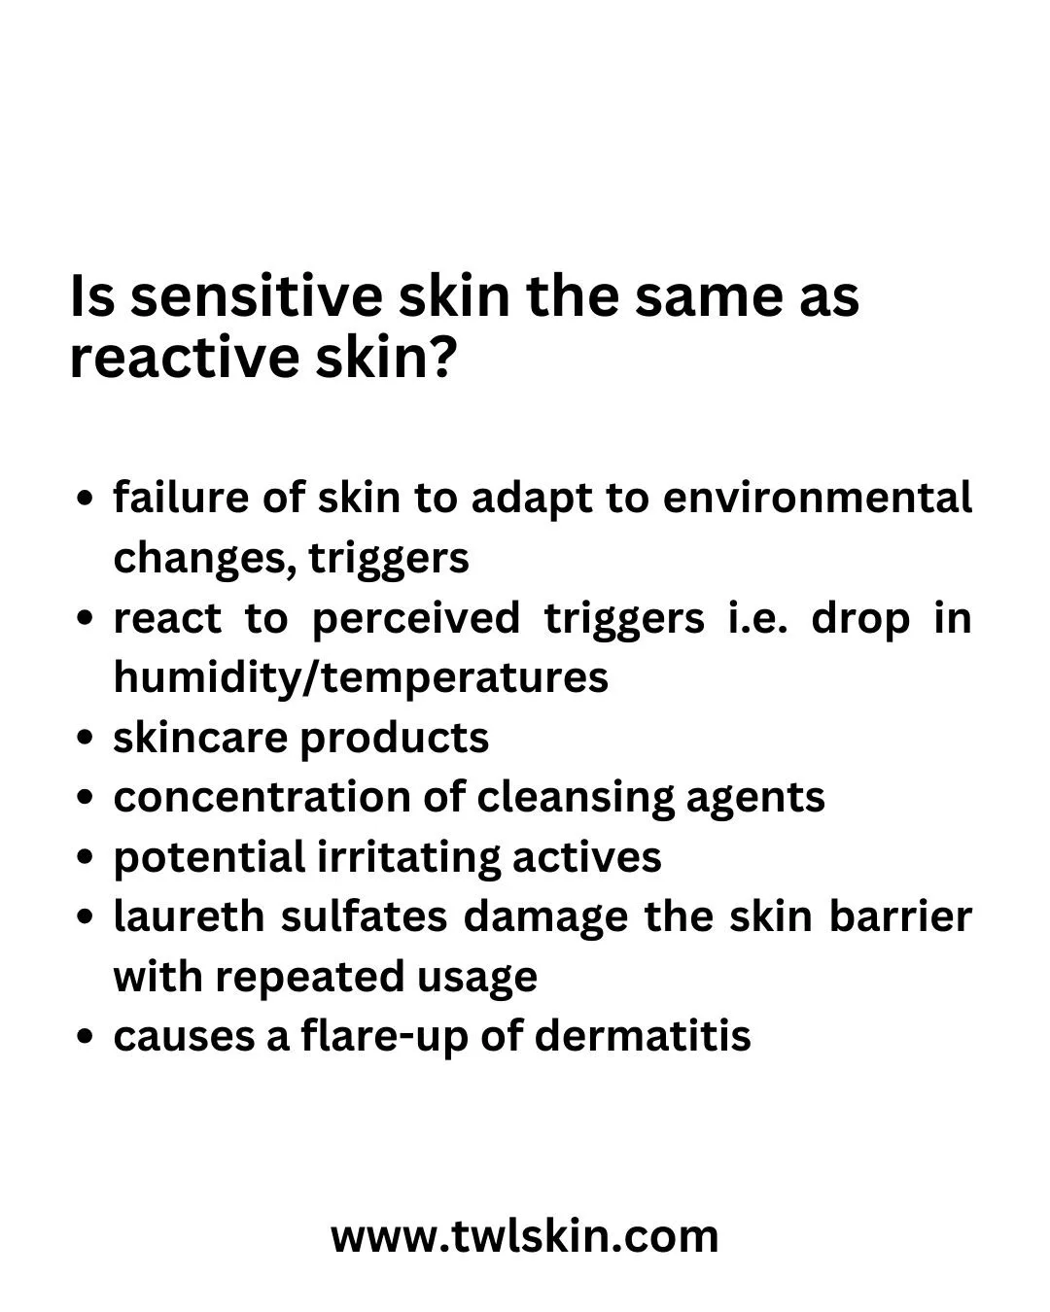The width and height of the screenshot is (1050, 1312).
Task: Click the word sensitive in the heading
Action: point(257,296)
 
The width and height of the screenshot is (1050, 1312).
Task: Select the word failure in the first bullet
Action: point(181,498)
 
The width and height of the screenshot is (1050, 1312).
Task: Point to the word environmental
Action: point(818,498)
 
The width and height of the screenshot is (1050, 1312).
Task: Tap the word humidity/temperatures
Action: point(361,678)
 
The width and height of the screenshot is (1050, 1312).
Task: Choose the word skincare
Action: point(200,738)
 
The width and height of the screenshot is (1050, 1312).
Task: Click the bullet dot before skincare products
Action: point(86,737)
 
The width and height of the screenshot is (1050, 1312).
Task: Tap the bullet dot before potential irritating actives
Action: point(86,856)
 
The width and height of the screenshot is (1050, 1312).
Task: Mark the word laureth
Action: point(190,916)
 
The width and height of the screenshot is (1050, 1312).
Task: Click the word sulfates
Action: point(365,916)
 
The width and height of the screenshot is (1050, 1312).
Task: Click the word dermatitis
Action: point(643,1036)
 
